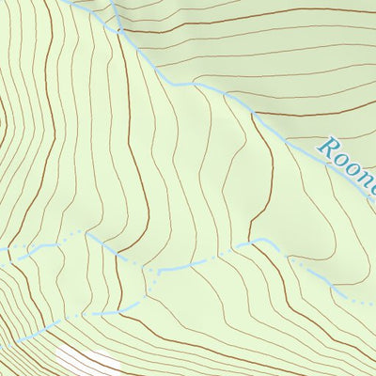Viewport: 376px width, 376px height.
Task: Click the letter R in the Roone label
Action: pyautogui.click(x=329, y=147)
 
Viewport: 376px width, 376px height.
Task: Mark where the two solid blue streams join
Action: pyautogui.click(x=119, y=32)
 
